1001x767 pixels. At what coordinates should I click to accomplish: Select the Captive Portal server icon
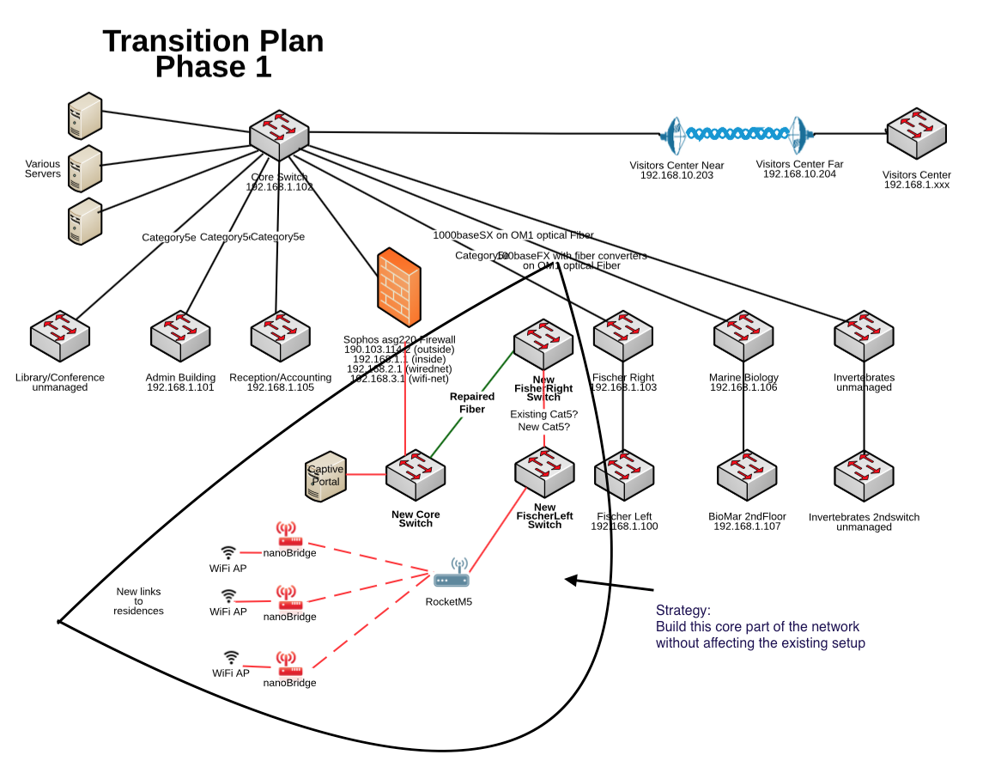(x=325, y=477)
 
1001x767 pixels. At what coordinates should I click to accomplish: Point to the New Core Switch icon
(x=416, y=475)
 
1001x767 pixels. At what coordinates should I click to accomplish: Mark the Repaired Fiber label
(x=472, y=403)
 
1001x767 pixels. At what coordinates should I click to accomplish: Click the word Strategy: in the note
(x=683, y=611)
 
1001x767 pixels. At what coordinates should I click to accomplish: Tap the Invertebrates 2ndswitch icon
(x=864, y=478)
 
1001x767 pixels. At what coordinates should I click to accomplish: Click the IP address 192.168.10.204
(x=799, y=174)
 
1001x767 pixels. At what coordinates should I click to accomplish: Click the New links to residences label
(x=138, y=601)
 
